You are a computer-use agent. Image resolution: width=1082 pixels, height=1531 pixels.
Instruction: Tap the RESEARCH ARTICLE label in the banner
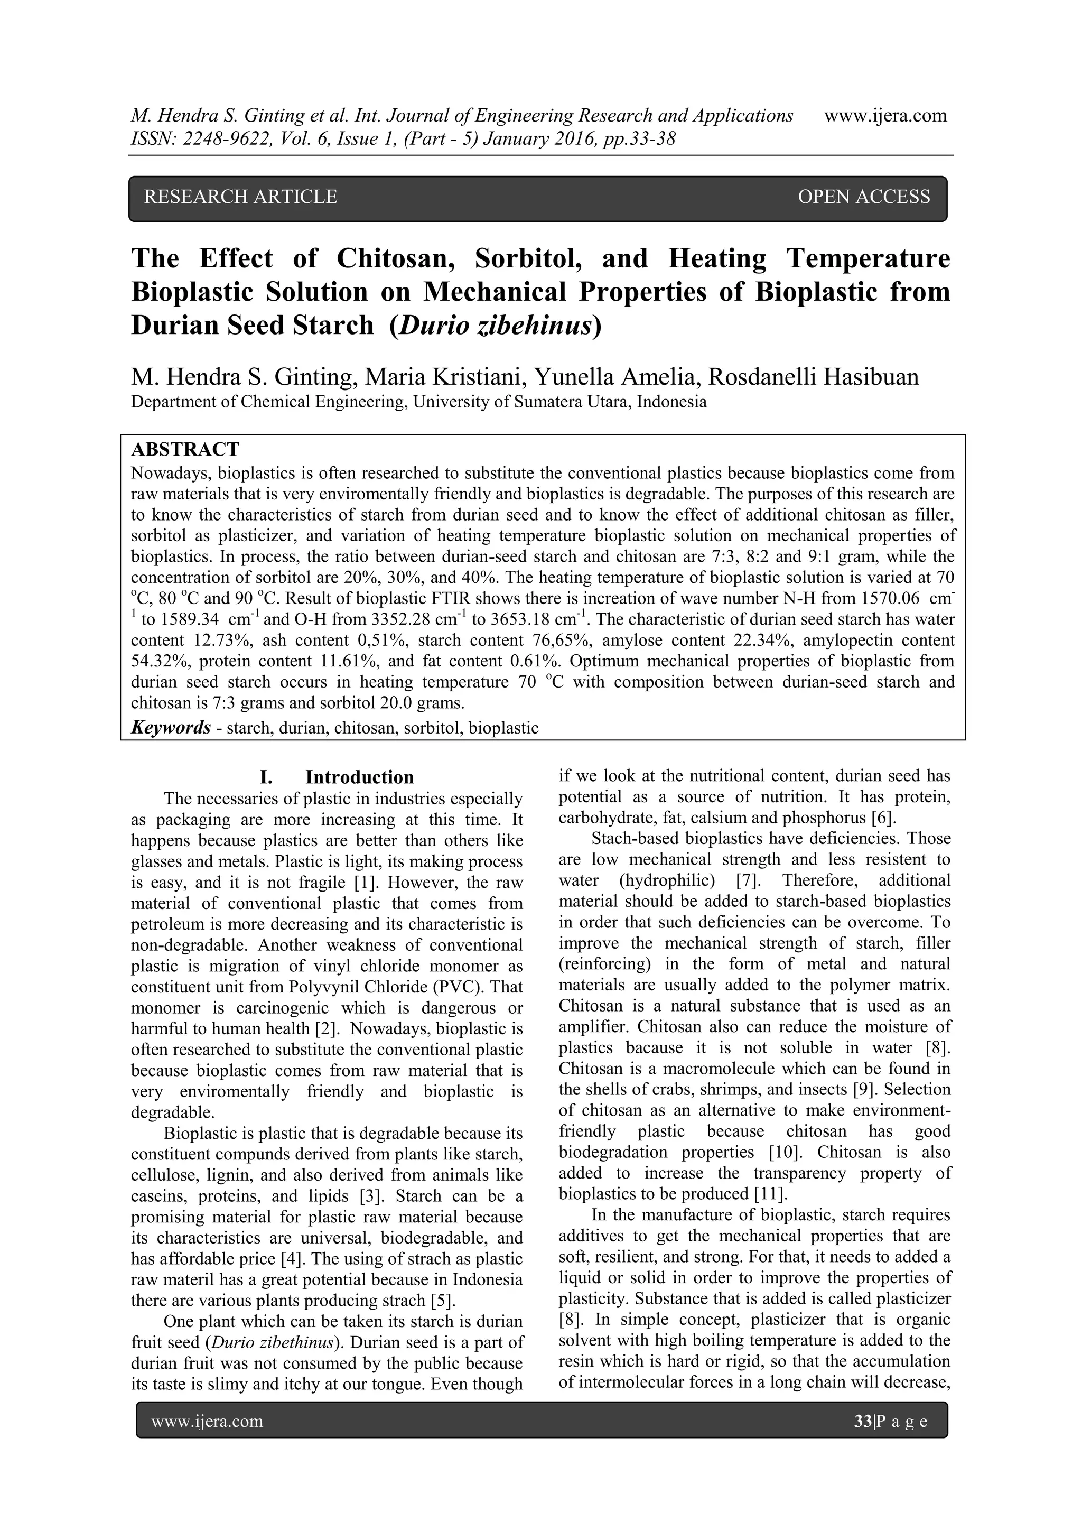[x=241, y=197]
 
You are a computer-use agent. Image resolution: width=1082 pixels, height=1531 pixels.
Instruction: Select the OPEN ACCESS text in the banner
[x=863, y=197]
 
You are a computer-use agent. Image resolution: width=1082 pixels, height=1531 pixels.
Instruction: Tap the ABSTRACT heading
[x=185, y=449]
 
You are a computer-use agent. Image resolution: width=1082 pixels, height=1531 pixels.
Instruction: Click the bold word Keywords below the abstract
[x=171, y=728]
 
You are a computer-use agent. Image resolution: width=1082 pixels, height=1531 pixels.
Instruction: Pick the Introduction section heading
[x=359, y=777]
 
